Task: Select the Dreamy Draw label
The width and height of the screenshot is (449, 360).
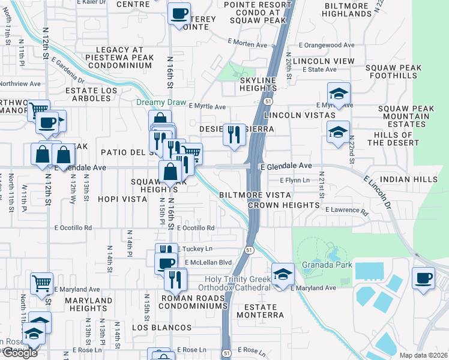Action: tap(161, 103)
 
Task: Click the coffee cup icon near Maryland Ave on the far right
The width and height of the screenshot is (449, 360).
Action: tap(424, 278)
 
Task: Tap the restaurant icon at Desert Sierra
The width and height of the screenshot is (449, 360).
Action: tap(233, 134)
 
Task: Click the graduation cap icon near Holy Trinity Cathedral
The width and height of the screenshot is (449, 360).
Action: tap(283, 274)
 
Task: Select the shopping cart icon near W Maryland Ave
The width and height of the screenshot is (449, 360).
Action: tap(41, 283)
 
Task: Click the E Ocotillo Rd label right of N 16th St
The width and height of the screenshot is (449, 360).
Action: tap(195, 228)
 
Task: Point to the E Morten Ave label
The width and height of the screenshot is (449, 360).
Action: tap(247, 45)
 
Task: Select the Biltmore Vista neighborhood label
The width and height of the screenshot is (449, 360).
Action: tap(255, 196)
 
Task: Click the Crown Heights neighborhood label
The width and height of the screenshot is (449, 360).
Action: tap(283, 205)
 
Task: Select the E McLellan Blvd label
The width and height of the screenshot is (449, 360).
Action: tap(208, 262)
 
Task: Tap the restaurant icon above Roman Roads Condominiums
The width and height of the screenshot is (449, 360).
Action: tap(175, 279)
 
